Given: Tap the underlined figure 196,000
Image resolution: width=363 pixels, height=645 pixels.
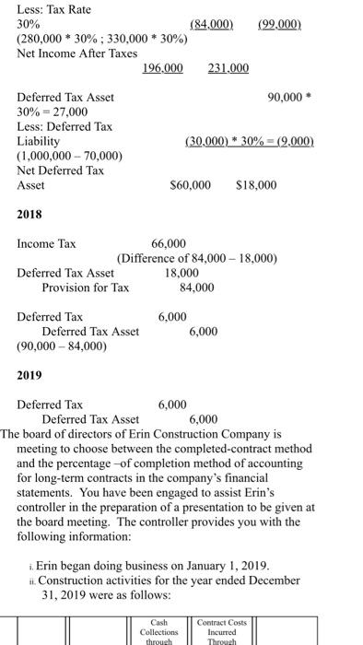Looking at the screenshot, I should pyautogui.click(x=162, y=69).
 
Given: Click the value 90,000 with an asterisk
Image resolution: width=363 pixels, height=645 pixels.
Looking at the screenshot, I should pyautogui.click(x=290, y=97).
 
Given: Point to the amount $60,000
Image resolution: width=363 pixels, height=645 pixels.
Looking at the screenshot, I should pyautogui.click(x=191, y=185).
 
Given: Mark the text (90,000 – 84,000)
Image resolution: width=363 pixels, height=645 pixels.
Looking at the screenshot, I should pyautogui.click(x=62, y=346).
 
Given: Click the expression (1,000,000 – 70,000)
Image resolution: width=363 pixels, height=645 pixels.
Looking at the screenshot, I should pyautogui.click(x=70, y=156).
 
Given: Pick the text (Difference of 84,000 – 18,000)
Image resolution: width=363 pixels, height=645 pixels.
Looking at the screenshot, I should pyautogui.click(x=197, y=258).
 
